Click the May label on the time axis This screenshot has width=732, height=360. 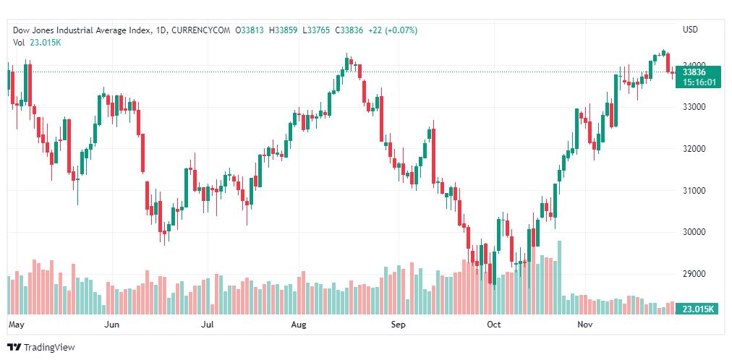pos(16,325)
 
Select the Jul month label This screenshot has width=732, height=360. pos(208,325)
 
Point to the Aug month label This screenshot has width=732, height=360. pos(299,325)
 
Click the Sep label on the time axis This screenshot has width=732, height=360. pos(398,325)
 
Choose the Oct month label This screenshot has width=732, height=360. pos(494,325)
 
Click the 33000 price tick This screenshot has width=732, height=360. pos(694,107)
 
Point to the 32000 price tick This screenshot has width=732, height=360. pos(694,149)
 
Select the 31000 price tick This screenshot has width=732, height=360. pos(694,191)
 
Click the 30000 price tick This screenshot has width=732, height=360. pos(694,232)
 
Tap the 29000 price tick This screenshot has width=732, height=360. pos(694,274)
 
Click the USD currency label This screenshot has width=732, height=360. pos(690,30)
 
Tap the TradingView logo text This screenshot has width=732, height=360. pos(49,348)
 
